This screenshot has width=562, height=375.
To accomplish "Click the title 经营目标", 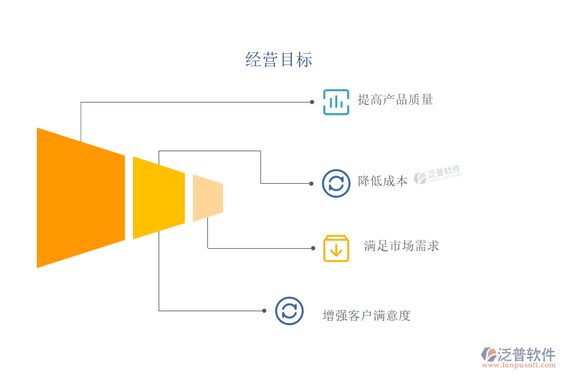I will coord(279,60).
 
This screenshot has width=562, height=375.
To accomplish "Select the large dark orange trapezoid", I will coord(80,197).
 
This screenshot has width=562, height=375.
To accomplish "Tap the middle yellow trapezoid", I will coord(159,197).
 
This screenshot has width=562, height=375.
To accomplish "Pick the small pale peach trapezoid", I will coord(207,197).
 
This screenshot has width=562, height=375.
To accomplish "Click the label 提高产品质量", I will coord(395,100).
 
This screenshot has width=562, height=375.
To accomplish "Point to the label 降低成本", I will coord(382,181).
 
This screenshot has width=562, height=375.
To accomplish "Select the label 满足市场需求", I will coord(402,246).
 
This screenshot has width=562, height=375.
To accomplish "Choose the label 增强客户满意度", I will coord(367,316).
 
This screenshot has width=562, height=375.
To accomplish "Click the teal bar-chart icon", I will coord(336,101).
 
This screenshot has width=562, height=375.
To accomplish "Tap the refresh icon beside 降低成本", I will coord(336,183).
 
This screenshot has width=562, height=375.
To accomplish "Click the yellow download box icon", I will coord(336,248).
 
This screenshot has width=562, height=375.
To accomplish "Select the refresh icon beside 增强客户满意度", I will coord(289,311).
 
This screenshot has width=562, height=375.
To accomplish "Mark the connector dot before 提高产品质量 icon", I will coord(312,101).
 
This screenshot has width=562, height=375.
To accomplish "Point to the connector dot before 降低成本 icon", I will coord(312,183).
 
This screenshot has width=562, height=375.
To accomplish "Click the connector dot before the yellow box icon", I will coord(313,248).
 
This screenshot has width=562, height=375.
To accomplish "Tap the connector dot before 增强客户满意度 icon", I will coord(265,311).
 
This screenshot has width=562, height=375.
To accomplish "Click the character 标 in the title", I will coord(304,60).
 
